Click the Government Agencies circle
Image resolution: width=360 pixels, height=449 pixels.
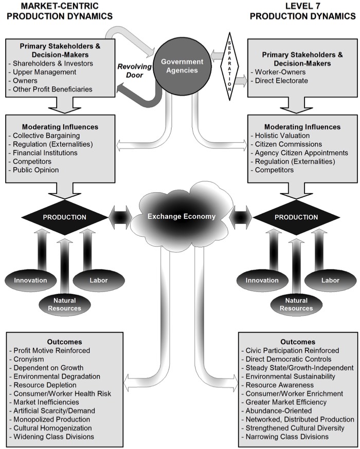[179, 66]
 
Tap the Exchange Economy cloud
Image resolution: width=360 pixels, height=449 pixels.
[181, 216]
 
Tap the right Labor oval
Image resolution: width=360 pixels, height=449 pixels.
[330, 280]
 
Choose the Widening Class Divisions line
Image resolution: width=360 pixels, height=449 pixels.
[53, 437]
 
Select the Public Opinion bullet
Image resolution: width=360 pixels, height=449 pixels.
[36, 170]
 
